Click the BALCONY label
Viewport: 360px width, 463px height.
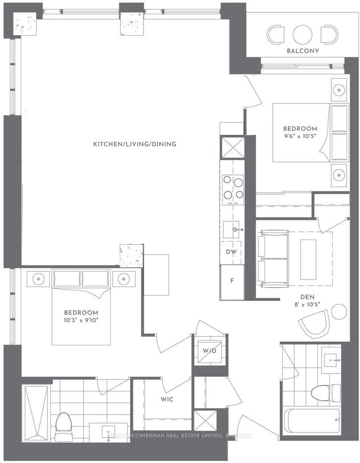(303, 51)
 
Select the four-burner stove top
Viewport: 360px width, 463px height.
(233, 189)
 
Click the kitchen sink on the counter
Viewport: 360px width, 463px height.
(233, 229)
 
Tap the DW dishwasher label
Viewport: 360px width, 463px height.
(231, 252)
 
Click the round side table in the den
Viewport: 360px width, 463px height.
(339, 312)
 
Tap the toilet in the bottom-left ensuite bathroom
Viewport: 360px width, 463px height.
(63, 426)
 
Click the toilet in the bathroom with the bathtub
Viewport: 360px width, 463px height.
(326, 393)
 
